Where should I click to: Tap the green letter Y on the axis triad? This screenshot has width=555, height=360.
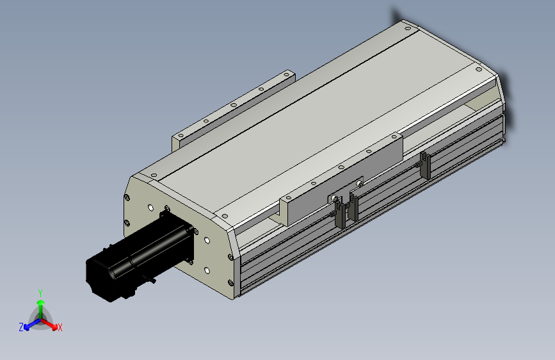pyautogui.click(x=40, y=292)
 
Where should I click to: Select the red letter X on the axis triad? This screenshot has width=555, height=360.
pyautogui.click(x=60, y=327)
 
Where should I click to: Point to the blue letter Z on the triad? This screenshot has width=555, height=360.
pyautogui.click(x=21, y=327)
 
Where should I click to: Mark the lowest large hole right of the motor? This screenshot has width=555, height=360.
pyautogui.click(x=207, y=270)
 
